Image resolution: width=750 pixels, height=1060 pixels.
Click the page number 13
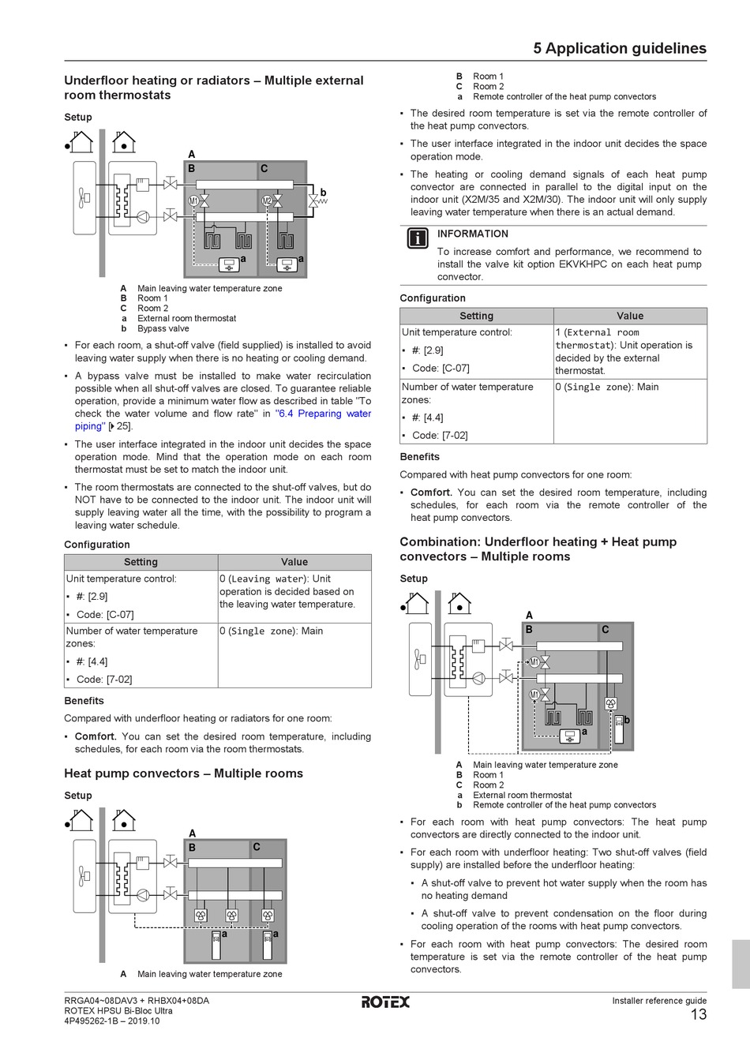coord(698,1015)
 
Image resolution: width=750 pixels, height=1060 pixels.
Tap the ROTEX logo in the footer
coord(385,1002)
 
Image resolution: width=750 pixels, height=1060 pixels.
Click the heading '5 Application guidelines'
coord(620,48)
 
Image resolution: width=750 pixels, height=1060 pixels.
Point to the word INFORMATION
coord(473,234)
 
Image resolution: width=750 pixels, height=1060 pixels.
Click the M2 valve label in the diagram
coord(267,201)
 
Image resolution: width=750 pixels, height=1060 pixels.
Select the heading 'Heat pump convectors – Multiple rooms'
coord(183,773)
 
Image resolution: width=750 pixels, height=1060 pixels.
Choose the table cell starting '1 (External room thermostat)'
coord(629,351)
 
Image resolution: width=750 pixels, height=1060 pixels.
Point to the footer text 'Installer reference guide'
coord(659,1001)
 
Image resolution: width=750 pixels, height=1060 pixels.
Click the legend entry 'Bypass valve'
coord(163,329)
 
